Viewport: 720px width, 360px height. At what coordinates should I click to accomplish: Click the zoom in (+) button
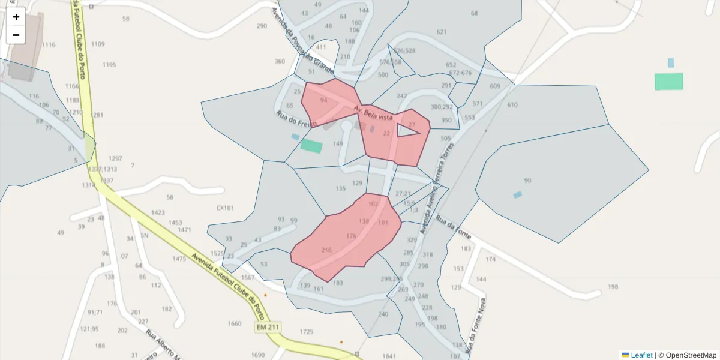16,17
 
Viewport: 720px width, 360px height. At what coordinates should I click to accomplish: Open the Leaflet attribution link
641,355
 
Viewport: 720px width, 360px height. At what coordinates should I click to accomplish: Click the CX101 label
225,208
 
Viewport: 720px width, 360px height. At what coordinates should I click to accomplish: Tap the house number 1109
98,44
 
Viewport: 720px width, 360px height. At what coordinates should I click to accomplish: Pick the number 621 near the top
442,32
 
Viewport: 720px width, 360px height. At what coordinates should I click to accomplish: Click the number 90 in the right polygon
527,181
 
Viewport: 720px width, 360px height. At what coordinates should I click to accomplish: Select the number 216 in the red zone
326,250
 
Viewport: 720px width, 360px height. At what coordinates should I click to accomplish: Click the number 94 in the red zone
324,100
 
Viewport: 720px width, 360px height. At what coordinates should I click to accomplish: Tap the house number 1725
307,332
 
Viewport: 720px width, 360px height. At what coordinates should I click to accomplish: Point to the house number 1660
235,324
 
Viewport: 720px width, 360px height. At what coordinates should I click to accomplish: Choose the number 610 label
512,105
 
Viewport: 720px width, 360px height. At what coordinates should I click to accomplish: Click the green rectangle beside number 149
311,145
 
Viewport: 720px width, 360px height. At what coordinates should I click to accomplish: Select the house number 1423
158,213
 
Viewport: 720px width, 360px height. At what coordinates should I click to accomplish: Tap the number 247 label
401,96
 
